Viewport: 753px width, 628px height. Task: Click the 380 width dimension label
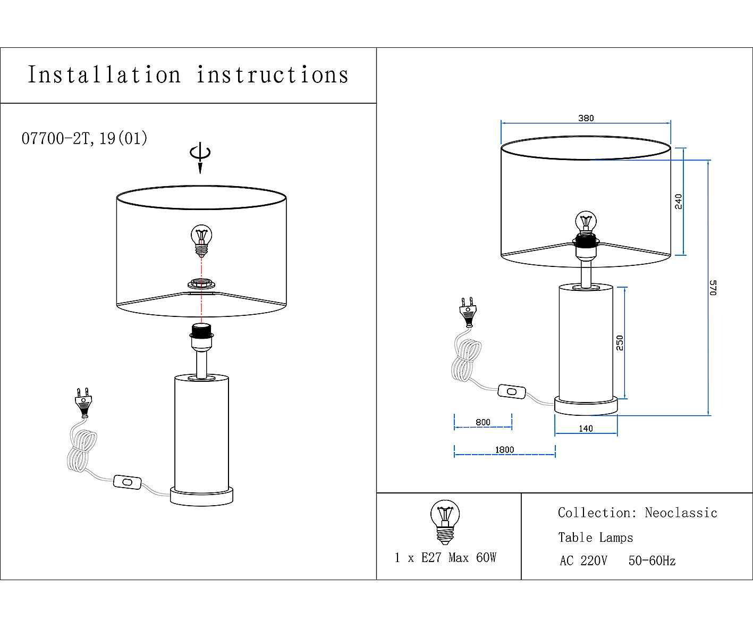(x=586, y=118)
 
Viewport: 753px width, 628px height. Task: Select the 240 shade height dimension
(x=678, y=201)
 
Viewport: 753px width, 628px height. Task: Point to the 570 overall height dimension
(x=713, y=287)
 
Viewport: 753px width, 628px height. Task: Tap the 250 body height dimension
(x=620, y=342)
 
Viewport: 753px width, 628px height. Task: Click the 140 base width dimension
(x=586, y=428)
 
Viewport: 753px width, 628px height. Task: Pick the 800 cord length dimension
(x=483, y=422)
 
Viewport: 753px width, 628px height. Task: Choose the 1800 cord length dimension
(x=504, y=449)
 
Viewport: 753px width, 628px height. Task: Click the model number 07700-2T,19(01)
(x=84, y=138)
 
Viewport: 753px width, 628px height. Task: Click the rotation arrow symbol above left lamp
(x=200, y=155)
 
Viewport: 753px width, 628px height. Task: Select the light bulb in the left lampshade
(x=201, y=240)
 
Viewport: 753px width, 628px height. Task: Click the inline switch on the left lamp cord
(x=128, y=482)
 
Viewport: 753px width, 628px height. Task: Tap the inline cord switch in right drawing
(x=512, y=392)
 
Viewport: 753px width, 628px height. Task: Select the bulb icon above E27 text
(x=445, y=522)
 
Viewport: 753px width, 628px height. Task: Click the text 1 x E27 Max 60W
(x=445, y=557)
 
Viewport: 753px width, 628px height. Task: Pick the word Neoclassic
(x=681, y=513)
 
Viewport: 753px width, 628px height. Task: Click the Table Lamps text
(x=595, y=538)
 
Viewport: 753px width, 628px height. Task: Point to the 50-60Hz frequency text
(x=652, y=560)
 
